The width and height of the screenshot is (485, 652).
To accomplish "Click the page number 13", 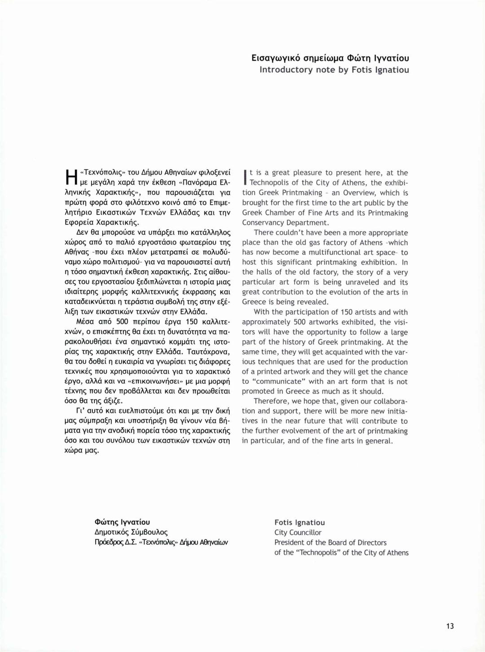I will (450, 626).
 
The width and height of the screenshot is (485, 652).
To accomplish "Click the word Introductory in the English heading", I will (286, 70).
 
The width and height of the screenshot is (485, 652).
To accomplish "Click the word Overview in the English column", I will (359, 193).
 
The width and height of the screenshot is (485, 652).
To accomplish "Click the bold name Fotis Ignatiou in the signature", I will (300, 522).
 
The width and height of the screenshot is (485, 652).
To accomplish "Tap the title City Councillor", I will (298, 533).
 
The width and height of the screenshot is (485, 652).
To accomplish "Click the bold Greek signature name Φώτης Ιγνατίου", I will (122, 522).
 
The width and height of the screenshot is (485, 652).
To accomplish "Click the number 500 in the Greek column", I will (121, 322).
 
